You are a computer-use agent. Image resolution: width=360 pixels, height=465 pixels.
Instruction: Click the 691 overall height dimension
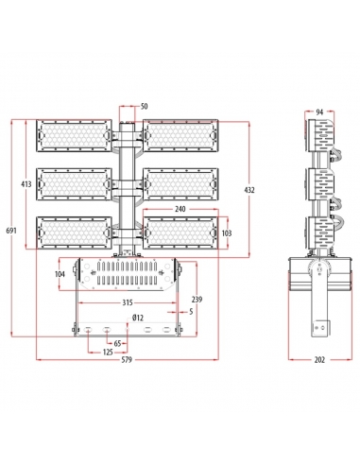11,231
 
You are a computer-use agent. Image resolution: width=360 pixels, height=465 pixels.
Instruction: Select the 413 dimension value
26,183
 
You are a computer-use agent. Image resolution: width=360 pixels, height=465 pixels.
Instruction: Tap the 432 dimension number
249,190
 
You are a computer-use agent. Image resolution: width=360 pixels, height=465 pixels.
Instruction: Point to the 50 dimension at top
144,107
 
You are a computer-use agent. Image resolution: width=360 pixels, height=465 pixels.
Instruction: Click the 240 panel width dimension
180,209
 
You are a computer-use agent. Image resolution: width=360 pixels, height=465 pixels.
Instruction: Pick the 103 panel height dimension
227,233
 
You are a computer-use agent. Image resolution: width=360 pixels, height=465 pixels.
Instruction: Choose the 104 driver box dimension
60,274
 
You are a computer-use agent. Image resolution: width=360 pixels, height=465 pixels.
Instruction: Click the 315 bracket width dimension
128,302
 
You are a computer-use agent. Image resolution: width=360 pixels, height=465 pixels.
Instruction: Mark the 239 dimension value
197,300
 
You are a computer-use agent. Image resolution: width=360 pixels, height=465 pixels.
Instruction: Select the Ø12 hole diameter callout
138,319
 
